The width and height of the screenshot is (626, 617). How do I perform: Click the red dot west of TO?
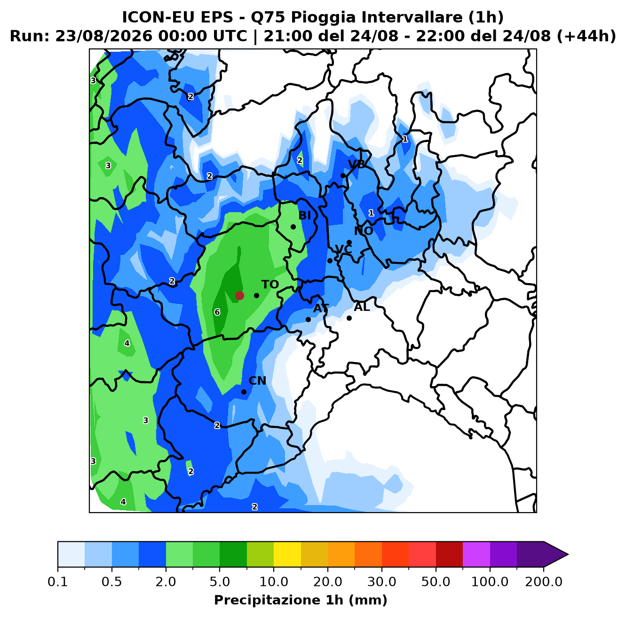point(239,295)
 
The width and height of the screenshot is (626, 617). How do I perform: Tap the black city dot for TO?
point(256,295)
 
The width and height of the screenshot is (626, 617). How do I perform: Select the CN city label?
point(257,381)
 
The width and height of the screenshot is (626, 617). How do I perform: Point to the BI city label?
point(304,215)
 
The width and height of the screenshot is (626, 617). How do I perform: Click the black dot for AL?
point(349,318)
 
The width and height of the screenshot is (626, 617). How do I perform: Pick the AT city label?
point(321,308)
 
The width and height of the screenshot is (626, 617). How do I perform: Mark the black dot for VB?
point(343,176)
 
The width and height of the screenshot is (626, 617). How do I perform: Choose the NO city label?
point(364,231)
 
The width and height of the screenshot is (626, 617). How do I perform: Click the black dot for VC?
point(330,261)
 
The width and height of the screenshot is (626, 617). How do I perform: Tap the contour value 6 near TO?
point(217,312)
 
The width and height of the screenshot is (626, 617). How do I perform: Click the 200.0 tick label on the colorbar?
point(544,581)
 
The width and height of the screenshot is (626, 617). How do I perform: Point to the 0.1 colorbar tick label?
point(58,581)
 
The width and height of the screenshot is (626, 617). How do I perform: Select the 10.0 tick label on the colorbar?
point(274,581)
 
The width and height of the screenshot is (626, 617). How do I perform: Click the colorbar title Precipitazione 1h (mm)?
point(301,600)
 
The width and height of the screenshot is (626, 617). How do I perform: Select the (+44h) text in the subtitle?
point(586,36)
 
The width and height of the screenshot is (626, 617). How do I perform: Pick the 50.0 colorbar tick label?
point(436,581)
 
